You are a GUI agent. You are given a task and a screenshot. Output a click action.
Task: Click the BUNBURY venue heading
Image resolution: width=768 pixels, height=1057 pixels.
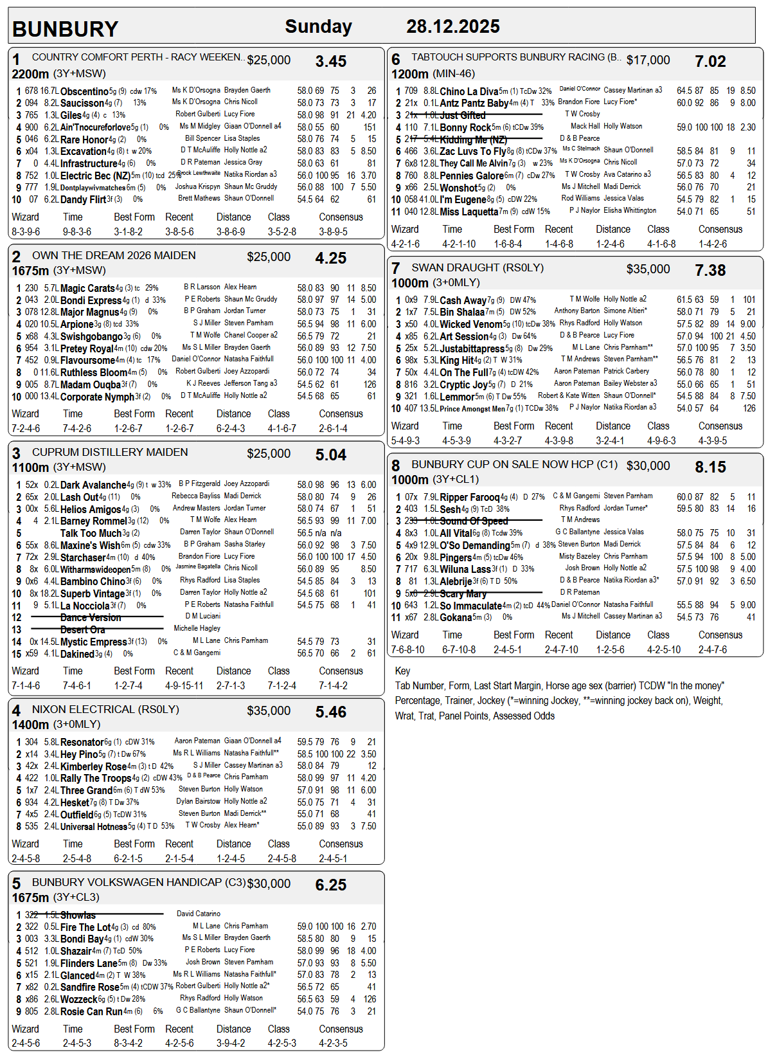coord(65,29)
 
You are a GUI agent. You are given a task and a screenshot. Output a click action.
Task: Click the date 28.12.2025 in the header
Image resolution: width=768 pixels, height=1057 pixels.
coord(452,26)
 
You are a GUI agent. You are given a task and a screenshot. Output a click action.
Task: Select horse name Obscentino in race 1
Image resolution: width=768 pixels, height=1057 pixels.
coord(84,91)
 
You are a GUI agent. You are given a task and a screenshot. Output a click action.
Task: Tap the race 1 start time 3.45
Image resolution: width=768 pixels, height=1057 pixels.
coord(330,62)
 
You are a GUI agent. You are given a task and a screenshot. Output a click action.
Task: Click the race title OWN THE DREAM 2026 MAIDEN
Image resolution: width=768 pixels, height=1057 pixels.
coord(114,255)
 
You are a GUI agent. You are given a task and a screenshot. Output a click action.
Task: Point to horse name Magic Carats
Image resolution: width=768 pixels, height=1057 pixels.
coord(87,288)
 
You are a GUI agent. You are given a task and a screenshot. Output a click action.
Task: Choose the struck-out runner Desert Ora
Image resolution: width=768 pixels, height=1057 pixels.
coord(82,629)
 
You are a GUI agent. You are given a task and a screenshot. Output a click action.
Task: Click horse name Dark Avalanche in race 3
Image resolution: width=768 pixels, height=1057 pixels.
coord(93,485)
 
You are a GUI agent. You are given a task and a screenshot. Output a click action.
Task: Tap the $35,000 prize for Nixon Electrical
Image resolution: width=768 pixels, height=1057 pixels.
coord(269,710)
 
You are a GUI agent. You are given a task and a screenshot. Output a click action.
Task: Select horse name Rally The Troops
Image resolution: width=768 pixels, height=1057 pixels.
coord(96,778)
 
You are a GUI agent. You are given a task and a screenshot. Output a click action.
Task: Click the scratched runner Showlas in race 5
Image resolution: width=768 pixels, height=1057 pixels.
coord(78,915)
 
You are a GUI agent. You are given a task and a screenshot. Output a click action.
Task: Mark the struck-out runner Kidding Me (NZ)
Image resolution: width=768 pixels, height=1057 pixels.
coord(473,140)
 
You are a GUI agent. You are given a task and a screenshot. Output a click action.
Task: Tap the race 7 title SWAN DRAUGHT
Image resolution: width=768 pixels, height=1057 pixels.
coord(478,267)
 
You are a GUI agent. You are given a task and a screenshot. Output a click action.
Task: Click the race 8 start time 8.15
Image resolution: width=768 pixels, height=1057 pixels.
coord(710,467)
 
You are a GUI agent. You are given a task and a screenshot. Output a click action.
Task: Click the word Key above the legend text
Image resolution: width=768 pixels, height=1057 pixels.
coord(402,671)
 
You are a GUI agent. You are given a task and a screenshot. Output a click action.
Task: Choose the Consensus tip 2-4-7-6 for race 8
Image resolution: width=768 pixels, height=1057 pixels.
coord(713,649)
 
